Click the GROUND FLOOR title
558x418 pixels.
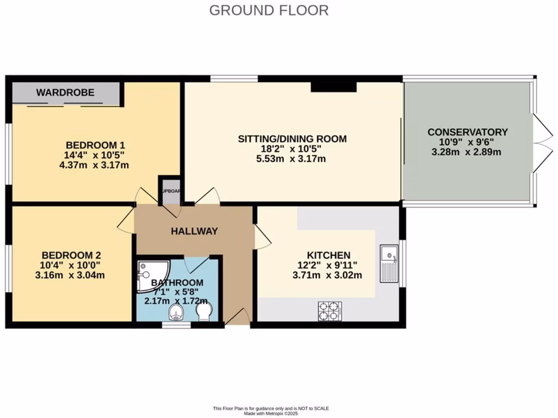pos(269,10)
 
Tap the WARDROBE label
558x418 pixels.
pos(65,93)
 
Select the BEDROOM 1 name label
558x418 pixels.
pos(95,145)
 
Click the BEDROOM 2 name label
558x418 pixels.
pos(71,255)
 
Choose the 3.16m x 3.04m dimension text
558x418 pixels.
pos(70,274)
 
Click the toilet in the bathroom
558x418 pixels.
pos(204,312)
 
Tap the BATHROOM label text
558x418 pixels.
pos(177,282)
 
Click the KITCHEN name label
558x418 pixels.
pos(329,255)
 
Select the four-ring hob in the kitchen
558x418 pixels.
pos(330,311)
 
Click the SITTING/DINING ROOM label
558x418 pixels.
pos(292,139)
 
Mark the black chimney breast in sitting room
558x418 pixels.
pos(333,86)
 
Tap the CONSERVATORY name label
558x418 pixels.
pos(468,132)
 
